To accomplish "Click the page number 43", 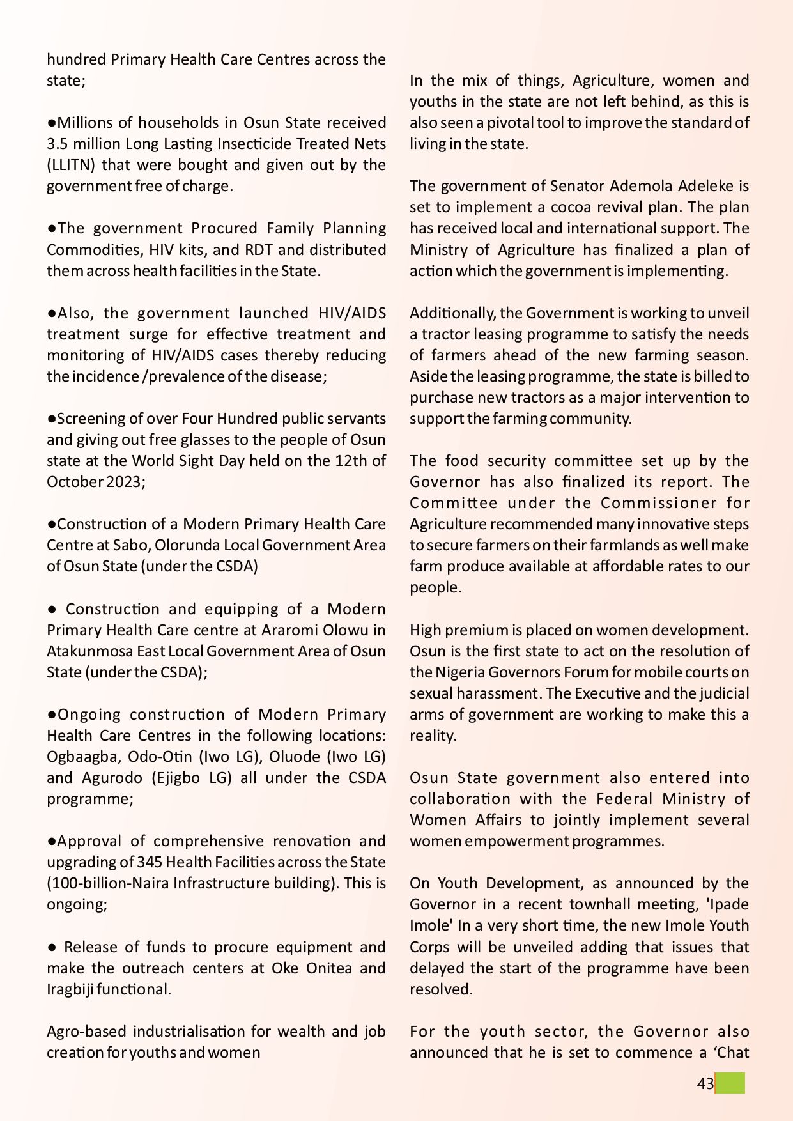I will pos(705,1083).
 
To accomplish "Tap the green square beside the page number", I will pos(730,1083).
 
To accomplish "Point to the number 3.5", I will pos(58,144).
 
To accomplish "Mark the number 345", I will pos(150,862).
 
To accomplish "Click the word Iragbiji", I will pos(70,989).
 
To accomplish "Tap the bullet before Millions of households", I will pos(51,123).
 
